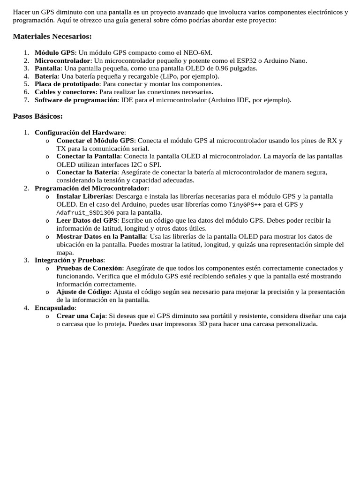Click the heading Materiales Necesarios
pyautogui.click(x=52, y=37)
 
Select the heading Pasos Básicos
pyautogui.click(x=37, y=116)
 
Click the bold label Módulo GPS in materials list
pyautogui.click(x=54, y=52)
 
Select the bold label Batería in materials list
pyautogui.click(x=46, y=76)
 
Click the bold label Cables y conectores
pyautogui.click(x=65, y=92)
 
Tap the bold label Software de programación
pyautogui.click(x=76, y=100)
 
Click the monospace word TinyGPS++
pyautogui.click(x=245, y=205)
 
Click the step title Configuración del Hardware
pyautogui.click(x=80, y=132)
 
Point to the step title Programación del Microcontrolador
pyautogui.click(x=91, y=188)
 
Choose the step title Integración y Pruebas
pyautogui.click(x=69, y=260)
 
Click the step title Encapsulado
pyautogui.click(x=54, y=308)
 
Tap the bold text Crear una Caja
pyautogui.click(x=81, y=316)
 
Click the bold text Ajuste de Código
pyautogui.click(x=83, y=292)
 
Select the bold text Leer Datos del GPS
pyautogui.click(x=86, y=220)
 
